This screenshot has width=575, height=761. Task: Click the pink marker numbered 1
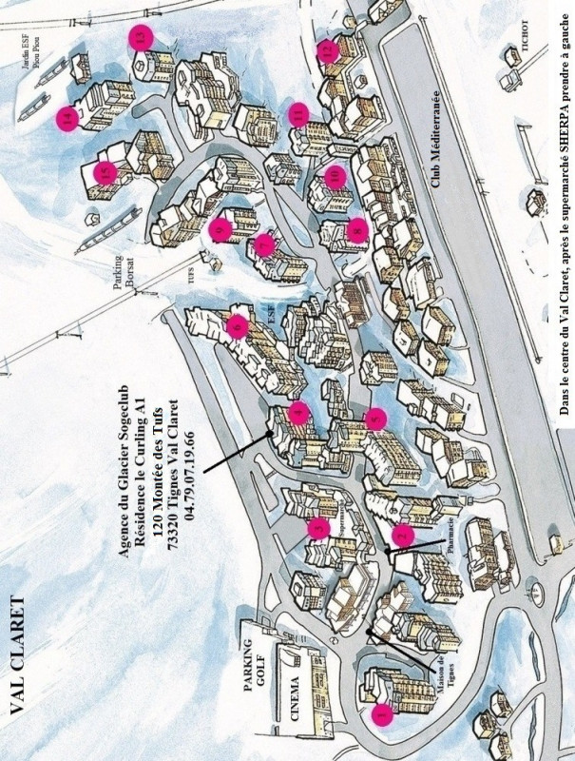click(x=382, y=713)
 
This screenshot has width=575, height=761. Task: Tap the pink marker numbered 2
click(x=402, y=537)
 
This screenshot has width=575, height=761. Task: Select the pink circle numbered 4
click(x=298, y=412)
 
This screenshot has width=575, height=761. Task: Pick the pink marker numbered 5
click(x=376, y=418)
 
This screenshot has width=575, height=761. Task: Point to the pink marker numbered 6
click(x=238, y=327)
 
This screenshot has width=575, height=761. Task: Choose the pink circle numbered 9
click(x=220, y=229)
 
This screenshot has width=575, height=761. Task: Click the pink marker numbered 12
click(x=327, y=49)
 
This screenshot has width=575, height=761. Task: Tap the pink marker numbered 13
click(x=142, y=37)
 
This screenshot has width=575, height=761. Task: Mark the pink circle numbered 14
click(x=67, y=119)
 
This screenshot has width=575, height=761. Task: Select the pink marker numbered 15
click(x=105, y=173)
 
